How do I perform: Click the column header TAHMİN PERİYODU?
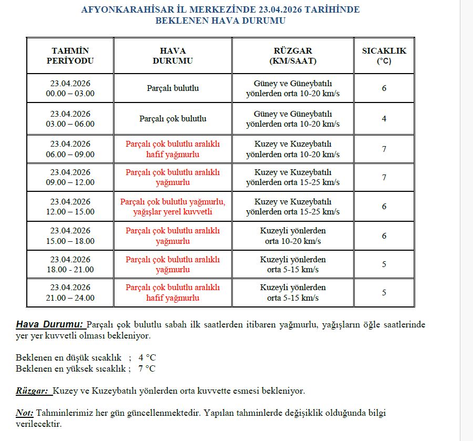[x=70, y=56]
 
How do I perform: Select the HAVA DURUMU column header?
[x=172, y=56]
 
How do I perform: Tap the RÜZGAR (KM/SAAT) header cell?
[x=293, y=56]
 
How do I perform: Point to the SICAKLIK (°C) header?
[x=384, y=56]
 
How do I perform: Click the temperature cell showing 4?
[x=384, y=119]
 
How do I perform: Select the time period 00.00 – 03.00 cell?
[x=70, y=88]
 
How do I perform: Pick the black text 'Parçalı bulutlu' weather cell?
[x=172, y=88]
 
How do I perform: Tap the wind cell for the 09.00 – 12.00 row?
[x=293, y=178]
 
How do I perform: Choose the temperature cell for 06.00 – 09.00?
[x=384, y=149]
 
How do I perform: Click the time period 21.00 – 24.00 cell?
[x=70, y=293]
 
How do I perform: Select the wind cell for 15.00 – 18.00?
[x=293, y=236]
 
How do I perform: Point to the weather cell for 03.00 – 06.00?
[x=172, y=119]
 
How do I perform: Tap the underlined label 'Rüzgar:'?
[x=33, y=391]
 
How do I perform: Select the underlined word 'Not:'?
[x=25, y=413]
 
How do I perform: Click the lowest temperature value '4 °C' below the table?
[x=147, y=357]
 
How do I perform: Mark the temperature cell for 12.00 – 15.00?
[x=384, y=207]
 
